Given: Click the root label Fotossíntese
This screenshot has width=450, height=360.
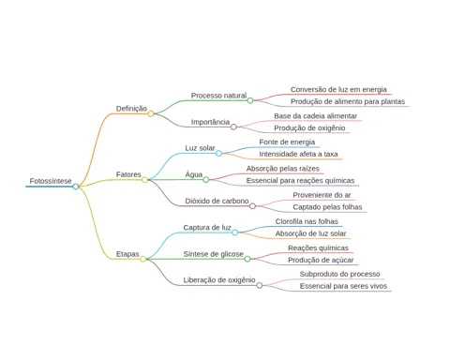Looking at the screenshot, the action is coord(51,181).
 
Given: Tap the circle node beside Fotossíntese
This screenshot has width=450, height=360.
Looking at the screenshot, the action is coord(76,187).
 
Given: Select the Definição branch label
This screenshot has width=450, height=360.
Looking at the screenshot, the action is coord(131,109).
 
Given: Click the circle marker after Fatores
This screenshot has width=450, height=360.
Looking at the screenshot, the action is coord(144,180).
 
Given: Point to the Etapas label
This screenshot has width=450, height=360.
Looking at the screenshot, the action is coord(127,254).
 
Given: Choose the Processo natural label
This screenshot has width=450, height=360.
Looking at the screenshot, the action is coord(218,96).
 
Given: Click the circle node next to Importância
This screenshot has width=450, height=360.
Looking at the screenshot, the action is coord(233,127).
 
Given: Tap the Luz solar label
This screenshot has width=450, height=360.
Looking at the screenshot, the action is coord(200,148).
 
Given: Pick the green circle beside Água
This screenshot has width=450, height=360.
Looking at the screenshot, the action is coord(206,180).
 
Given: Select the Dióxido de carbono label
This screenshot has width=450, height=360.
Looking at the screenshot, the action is coord(217,201).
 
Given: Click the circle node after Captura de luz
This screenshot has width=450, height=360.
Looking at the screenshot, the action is coord(235,232).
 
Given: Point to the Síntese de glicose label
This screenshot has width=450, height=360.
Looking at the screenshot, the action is coord(214,254).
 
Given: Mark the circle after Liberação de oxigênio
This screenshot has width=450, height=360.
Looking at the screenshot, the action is coord(260,285).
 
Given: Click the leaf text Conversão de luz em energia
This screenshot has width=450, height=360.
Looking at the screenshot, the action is coord(338,90).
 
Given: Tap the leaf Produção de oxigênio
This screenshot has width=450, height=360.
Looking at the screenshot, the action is coord(309,128).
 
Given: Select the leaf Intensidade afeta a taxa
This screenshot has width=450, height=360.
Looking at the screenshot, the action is coord(298,154).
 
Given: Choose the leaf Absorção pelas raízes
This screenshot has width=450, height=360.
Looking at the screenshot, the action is coord(283,169).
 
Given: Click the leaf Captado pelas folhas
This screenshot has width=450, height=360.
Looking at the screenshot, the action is coord(327,207).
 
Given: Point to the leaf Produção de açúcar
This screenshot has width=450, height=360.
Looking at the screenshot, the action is coord(321,260).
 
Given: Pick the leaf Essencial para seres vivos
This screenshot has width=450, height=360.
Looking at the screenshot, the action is coord(343,286).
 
